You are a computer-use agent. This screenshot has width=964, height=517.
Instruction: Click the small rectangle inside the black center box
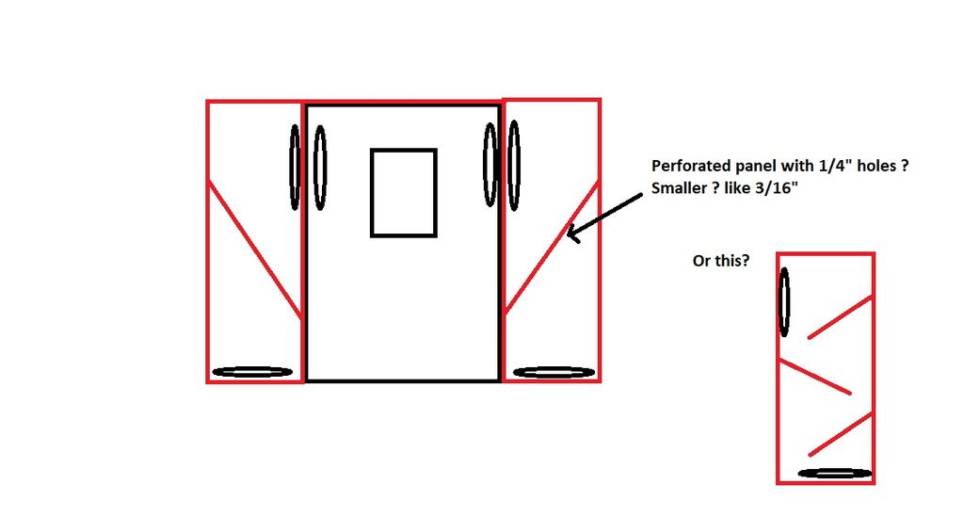(403, 192)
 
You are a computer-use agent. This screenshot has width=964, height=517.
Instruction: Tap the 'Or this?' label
(721, 261)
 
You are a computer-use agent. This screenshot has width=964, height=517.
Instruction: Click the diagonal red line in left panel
(254, 250)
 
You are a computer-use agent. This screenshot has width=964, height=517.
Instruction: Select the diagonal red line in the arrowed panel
(552, 249)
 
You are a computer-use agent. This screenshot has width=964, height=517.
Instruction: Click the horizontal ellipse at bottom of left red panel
(252, 372)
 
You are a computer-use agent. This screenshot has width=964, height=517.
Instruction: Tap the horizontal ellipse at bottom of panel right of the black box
(554, 372)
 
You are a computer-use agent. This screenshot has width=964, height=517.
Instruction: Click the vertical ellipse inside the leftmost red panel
(295, 168)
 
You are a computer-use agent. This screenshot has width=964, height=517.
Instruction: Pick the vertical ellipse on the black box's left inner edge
(320, 167)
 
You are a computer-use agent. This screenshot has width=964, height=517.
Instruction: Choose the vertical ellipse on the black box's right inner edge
(490, 165)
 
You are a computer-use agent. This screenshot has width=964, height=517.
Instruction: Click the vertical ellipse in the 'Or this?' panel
(784, 301)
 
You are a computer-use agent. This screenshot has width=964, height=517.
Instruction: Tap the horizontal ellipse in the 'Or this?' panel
(834, 473)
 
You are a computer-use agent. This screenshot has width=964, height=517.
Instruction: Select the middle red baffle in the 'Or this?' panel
(814, 376)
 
